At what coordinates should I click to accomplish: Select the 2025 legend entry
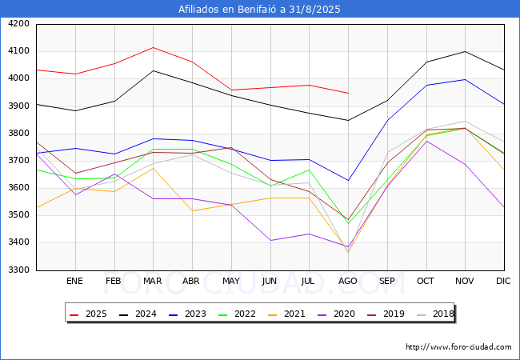[88, 314]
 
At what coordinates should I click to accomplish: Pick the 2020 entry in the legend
[336, 314]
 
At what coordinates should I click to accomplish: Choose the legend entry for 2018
[435, 314]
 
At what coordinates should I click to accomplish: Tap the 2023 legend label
[187, 314]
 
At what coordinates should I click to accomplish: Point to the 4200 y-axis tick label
[18, 23]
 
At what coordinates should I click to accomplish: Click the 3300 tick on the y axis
[18, 270]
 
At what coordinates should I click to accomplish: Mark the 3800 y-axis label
[18, 133]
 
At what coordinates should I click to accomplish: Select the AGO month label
[347, 281]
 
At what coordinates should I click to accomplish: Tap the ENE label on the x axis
[74, 281]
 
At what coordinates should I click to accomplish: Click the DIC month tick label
[503, 281]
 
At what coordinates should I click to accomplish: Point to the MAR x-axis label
[153, 281]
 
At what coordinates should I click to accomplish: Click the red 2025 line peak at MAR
[154, 47]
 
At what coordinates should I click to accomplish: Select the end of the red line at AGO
[348, 93]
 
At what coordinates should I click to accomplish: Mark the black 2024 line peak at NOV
[466, 51]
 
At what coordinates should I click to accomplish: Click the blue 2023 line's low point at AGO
[348, 180]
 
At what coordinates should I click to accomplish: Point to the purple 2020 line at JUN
[270, 240]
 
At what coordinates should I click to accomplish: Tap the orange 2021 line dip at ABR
[192, 210]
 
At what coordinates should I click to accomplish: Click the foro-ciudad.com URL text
[458, 347]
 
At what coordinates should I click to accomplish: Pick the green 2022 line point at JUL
[310, 170]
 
